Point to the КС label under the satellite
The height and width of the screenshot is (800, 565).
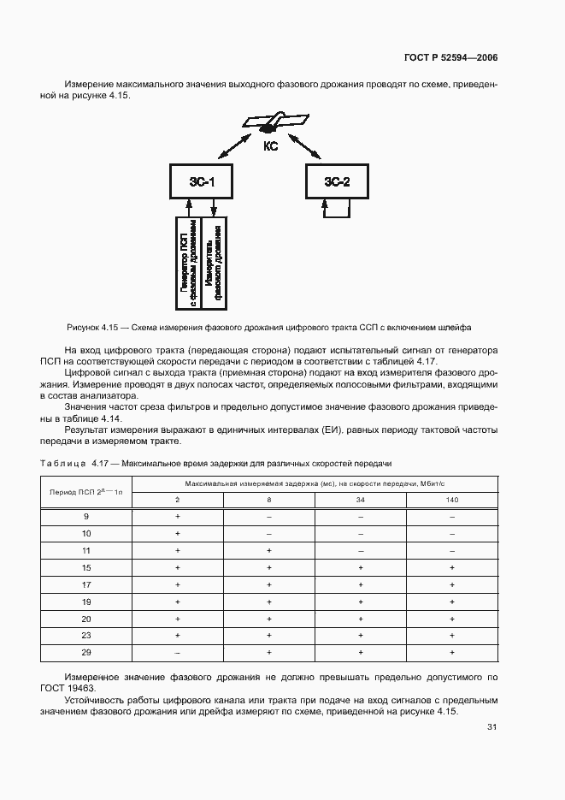click(x=270, y=146)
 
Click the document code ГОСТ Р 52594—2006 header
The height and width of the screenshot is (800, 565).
click(x=450, y=58)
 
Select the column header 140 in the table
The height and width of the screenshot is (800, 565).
click(x=451, y=498)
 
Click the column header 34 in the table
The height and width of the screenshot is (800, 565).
click(x=360, y=498)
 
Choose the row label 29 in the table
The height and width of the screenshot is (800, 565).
click(x=86, y=652)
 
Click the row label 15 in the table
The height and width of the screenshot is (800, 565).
click(x=86, y=567)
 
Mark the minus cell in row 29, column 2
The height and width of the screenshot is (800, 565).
click(x=177, y=652)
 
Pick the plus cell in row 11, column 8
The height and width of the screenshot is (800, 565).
click(x=268, y=550)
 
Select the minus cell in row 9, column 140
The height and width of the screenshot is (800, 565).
click(x=451, y=516)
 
